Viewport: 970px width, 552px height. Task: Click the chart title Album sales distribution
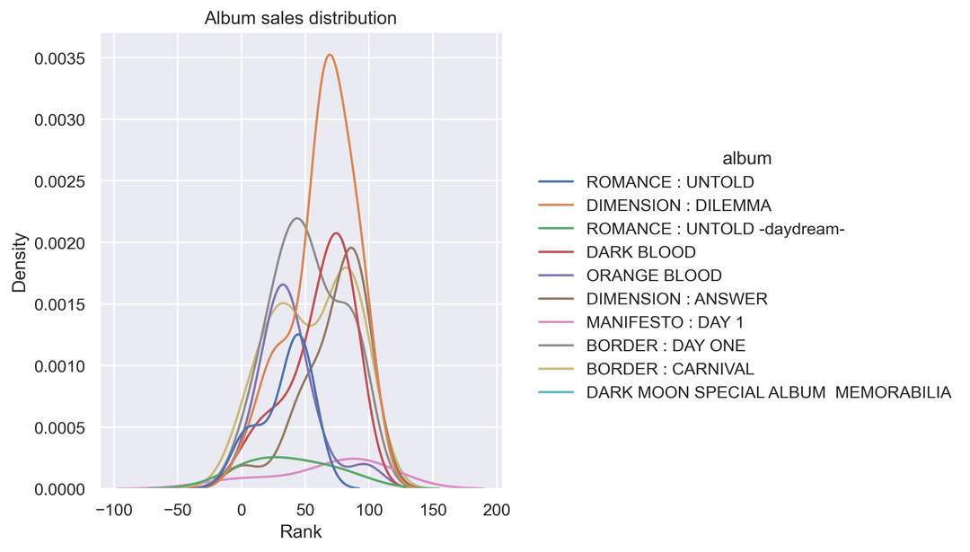pos(300,18)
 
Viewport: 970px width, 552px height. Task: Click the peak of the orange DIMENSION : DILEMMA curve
pos(331,55)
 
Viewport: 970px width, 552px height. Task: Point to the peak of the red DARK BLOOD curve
pos(337,233)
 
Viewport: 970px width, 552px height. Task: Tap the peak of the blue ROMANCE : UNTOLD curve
pos(296,335)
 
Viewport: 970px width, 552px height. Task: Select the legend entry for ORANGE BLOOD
pos(653,276)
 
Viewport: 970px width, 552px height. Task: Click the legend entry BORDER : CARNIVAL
pos(670,369)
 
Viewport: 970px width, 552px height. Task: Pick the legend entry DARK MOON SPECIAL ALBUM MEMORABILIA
pos(768,392)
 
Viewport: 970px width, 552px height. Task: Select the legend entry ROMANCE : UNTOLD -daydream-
pos(716,229)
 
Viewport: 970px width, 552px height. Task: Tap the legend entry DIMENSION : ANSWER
pos(676,299)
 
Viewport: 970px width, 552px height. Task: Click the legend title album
pos(747,159)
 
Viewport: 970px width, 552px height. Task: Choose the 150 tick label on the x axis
pos(433,511)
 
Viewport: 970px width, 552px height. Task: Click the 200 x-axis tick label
pos(497,511)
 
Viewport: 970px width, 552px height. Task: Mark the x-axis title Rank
pos(300,531)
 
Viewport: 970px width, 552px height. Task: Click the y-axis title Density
pos(19,262)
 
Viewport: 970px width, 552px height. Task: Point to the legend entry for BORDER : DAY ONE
pos(666,346)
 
